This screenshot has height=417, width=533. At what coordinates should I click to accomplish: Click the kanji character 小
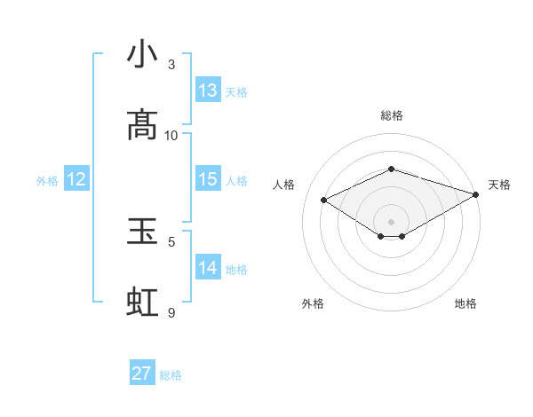(143, 55)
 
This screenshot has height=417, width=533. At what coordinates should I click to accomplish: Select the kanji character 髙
(143, 125)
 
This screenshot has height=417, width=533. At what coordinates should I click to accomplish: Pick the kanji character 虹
(143, 302)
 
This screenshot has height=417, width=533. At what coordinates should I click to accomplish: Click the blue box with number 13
(208, 90)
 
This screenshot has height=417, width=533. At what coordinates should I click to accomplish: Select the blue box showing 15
(208, 179)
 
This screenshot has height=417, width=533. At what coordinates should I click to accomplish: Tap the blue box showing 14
(208, 268)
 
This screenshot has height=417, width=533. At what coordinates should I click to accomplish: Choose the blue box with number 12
(76, 179)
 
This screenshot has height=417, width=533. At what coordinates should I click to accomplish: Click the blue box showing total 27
(142, 374)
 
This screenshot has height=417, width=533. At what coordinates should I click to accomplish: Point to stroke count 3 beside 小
(171, 65)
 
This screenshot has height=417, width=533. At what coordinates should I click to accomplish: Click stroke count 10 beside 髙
(171, 135)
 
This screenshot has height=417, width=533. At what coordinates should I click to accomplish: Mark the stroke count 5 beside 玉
(171, 241)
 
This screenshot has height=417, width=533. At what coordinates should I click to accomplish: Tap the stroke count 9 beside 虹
(171, 312)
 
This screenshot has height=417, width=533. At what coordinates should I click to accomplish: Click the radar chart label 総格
(392, 115)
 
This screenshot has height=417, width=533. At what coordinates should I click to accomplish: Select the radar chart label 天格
(499, 185)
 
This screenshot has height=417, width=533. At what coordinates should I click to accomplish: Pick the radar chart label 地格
(465, 303)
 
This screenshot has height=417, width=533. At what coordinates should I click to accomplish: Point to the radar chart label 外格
(313, 303)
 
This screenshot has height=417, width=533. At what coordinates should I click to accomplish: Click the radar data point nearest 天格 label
(477, 194)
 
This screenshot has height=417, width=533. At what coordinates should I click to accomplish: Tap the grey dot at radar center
(391, 221)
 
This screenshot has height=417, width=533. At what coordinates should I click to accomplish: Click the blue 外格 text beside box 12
(47, 180)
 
